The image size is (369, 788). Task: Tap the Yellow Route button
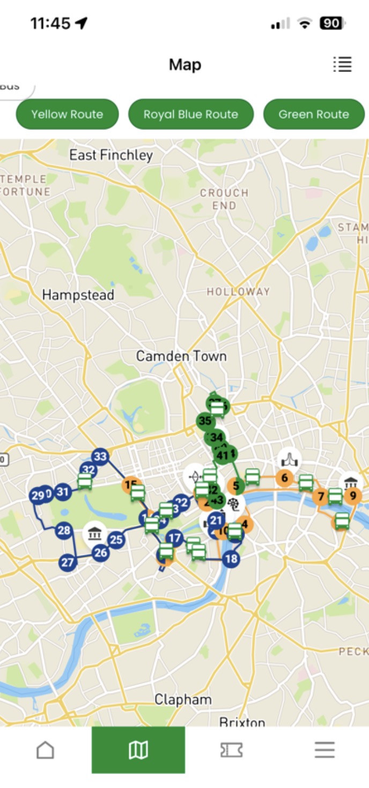click(x=67, y=114)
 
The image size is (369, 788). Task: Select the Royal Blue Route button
click(x=190, y=114)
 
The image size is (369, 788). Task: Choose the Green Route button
click(x=314, y=114)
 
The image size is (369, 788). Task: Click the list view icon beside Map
click(x=342, y=64)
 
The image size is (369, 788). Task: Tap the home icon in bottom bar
click(x=45, y=750)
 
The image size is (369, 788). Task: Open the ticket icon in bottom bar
click(x=231, y=750)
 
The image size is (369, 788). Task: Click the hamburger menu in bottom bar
click(x=324, y=750)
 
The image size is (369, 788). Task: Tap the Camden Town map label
click(x=181, y=356)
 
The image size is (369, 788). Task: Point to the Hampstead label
click(x=78, y=295)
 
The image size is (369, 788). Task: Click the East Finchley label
click(x=111, y=155)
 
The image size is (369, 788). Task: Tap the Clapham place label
click(x=183, y=699)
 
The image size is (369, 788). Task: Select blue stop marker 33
click(x=100, y=457)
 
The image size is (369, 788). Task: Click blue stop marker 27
click(x=67, y=563)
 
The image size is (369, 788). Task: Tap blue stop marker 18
click(x=231, y=559)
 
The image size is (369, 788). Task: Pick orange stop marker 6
click(x=284, y=478)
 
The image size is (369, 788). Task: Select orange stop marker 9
click(x=352, y=495)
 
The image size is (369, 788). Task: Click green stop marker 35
click(x=204, y=421)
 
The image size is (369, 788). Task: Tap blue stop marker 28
click(x=64, y=531)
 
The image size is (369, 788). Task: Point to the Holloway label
click(x=238, y=291)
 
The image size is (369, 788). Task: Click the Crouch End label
click(x=224, y=199)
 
